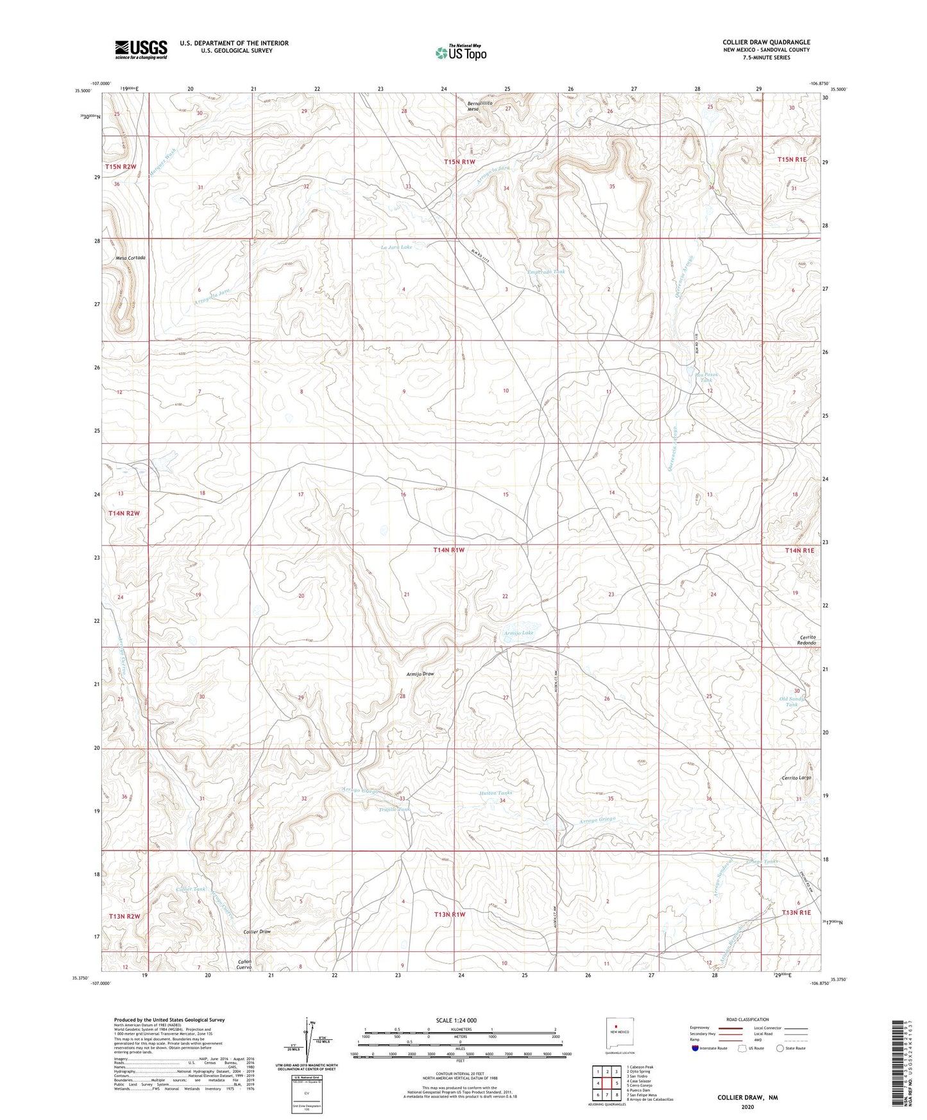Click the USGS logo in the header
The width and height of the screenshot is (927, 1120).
tap(141, 49)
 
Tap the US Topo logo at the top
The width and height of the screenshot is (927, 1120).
tap(460, 53)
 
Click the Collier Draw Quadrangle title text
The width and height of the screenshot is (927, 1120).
tap(766, 42)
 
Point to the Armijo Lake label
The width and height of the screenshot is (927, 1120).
tap(518, 633)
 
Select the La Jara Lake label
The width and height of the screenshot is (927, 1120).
tap(396, 247)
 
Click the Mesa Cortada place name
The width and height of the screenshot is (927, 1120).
tap(131, 258)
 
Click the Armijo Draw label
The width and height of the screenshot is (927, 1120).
tap(420, 674)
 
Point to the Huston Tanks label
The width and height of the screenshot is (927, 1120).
tap(496, 793)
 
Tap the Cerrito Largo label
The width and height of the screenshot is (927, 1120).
tap(797, 777)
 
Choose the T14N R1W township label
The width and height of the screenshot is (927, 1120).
tap(454, 550)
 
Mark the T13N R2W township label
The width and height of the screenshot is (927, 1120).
tap(124, 916)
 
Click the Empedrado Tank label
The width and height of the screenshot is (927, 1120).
tap(547, 272)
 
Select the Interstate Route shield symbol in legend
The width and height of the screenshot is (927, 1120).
tap(695, 1048)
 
